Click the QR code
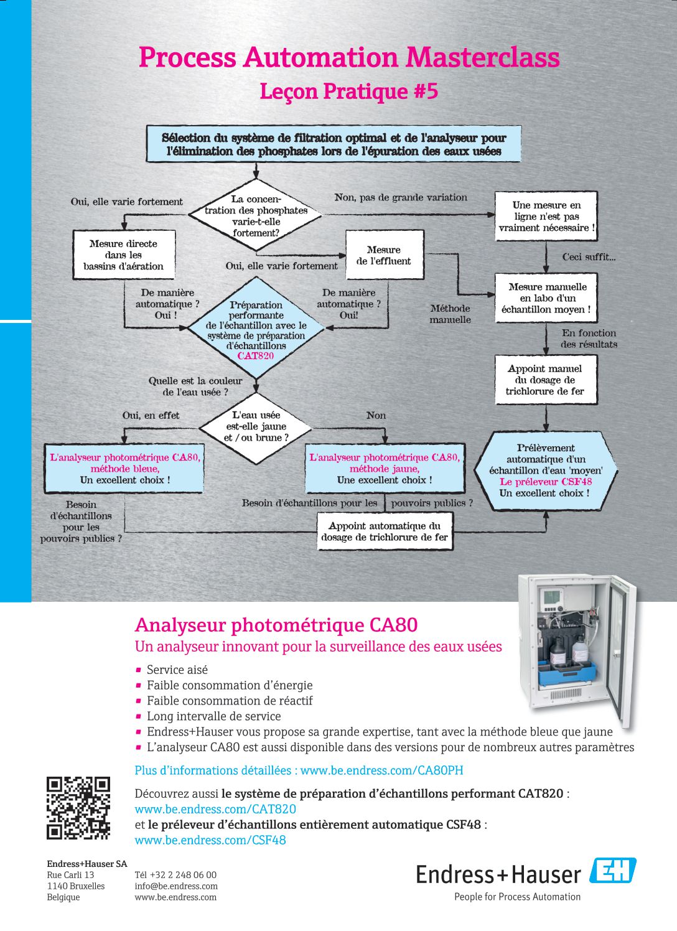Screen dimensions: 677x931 click(78, 808)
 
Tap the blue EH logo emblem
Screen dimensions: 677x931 click(613, 869)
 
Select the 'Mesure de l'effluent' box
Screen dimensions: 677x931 click(385, 255)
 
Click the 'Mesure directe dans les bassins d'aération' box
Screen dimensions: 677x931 click(124, 255)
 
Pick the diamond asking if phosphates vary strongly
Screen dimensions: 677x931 click(256, 215)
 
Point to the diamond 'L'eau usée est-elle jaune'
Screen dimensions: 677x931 click(256, 427)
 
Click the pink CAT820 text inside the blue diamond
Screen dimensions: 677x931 click(256, 356)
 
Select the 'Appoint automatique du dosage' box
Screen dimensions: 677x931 click(385, 531)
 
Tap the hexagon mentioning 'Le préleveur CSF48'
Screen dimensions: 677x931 click(546, 471)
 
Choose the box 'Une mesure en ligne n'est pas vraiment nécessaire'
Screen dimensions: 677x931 click(546, 216)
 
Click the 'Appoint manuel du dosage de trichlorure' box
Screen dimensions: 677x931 click(546, 380)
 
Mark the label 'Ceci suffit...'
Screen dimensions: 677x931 click(589, 257)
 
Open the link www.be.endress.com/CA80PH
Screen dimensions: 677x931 click(381, 770)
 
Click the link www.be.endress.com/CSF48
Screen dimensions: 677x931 click(210, 840)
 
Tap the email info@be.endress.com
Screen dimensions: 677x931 click(176, 886)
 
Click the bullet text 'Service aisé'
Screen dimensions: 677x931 click(177, 670)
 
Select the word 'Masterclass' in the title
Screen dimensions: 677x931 click(483, 57)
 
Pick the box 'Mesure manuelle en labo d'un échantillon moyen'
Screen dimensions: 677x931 click(546, 298)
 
